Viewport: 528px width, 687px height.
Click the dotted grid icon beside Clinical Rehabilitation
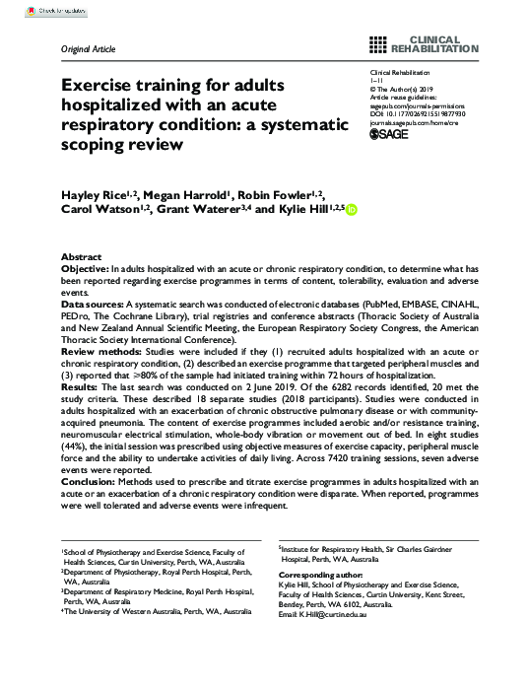(377, 42)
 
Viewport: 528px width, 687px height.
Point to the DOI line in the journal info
(420, 114)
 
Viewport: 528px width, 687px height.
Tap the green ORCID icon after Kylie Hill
(352, 211)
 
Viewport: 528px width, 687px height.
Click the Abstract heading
(82, 254)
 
